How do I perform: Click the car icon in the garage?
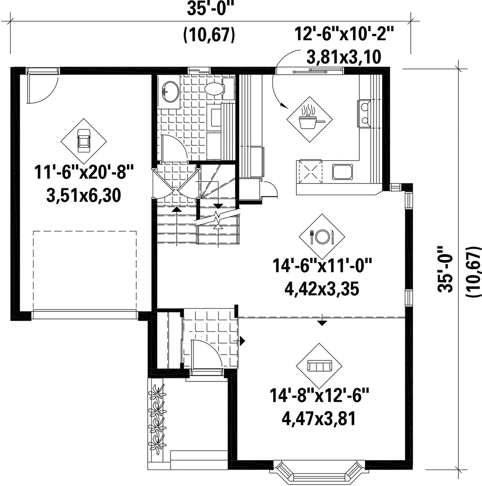[83, 141]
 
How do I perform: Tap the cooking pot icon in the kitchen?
[310, 119]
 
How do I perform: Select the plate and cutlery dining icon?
[322, 237]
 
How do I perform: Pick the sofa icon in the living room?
[320, 366]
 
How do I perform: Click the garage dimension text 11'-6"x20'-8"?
[84, 172]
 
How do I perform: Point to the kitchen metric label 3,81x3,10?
[344, 57]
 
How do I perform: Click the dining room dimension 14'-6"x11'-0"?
[322, 266]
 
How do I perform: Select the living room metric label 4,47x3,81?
[319, 419]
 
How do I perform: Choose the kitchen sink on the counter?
[343, 172]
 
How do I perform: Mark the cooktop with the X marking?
[310, 172]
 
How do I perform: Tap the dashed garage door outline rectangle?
[84, 270]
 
